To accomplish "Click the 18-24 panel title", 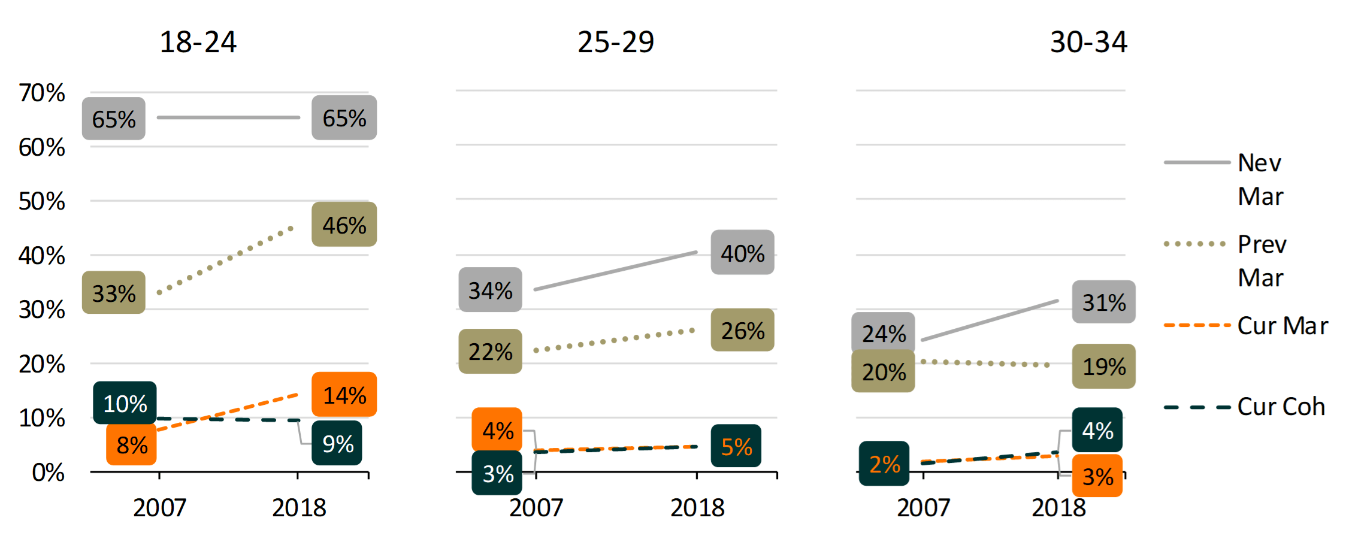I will [198, 42].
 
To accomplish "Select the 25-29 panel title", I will [615, 42].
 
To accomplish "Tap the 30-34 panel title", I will [1088, 42].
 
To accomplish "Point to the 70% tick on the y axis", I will [41, 93].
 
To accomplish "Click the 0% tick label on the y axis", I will [48, 473].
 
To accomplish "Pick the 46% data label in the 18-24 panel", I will [344, 225].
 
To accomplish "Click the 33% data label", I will [114, 293].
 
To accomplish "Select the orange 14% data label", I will [344, 395].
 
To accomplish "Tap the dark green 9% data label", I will [337, 443].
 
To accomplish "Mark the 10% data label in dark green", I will [125, 403].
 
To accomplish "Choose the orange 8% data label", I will [132, 444].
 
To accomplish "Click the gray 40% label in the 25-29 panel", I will [742, 253].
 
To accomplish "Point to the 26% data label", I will [742, 330].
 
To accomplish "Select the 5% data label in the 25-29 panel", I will [736, 446].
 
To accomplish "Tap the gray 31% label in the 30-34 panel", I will [1103, 302].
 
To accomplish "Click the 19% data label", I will [1103, 366].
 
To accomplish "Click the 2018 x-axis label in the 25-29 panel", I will [697, 508].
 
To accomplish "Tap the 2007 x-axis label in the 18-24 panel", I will [159, 508].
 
